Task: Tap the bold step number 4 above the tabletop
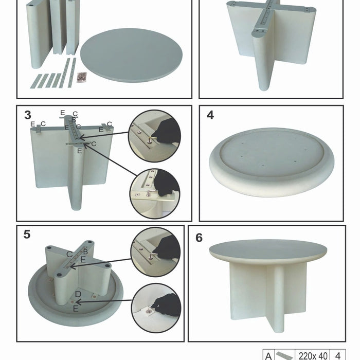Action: tap(210, 115)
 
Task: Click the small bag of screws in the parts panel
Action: tap(80, 76)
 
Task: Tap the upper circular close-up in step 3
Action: tap(154, 135)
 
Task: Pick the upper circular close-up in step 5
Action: tap(155, 251)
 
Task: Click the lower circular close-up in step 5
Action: tap(155, 307)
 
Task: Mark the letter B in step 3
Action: tap(74, 119)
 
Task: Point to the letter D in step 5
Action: tap(77, 294)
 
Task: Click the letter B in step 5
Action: tap(85, 250)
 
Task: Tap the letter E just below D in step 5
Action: tap(76, 309)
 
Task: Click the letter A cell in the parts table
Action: tap(268, 355)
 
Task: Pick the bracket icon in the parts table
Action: tap(285, 355)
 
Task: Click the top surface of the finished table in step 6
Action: tap(267, 249)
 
